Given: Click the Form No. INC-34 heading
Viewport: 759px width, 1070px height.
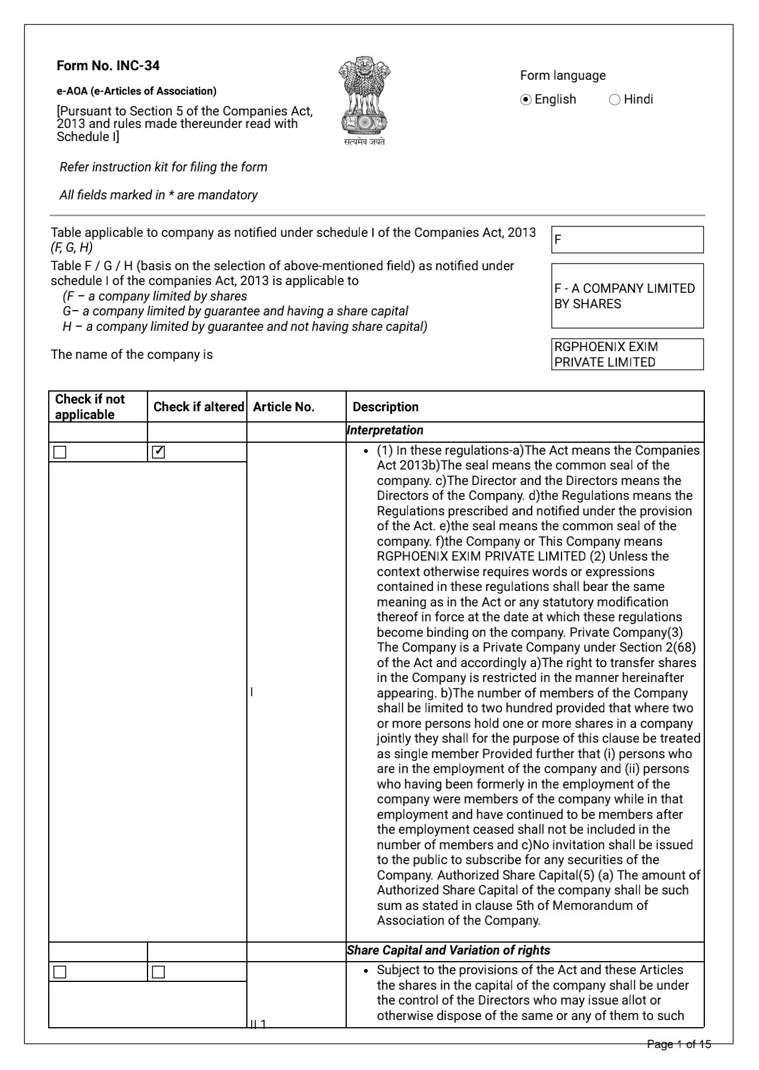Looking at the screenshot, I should [x=108, y=65].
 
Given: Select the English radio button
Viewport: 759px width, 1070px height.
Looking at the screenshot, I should [x=526, y=100].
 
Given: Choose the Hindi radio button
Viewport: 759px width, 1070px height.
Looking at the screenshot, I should [x=614, y=100].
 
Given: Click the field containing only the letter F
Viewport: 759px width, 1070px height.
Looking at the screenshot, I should [x=627, y=240].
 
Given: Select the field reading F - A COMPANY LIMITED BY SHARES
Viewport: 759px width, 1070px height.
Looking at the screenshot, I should [x=627, y=296].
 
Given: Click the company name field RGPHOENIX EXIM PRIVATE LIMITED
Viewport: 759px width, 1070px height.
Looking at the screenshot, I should [x=627, y=355].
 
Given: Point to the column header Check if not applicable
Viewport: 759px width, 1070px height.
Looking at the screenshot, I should [x=90, y=406].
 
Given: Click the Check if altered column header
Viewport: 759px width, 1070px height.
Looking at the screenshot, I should [x=199, y=407].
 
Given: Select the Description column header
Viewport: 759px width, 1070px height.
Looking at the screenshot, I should [x=385, y=407].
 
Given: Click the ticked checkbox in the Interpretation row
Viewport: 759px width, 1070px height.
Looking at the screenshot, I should [x=159, y=452].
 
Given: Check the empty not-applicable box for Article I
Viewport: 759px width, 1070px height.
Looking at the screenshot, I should [x=60, y=452].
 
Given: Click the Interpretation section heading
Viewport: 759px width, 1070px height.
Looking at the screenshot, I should [x=385, y=430].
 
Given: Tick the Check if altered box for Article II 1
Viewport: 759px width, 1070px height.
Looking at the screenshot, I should [x=159, y=972].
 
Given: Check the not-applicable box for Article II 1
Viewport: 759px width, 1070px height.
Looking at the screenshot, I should [x=60, y=972].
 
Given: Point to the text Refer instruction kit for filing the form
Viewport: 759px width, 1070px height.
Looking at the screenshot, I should [x=164, y=167].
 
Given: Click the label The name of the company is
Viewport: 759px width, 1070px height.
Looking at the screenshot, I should [x=132, y=355].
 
